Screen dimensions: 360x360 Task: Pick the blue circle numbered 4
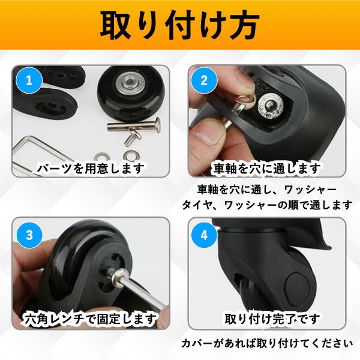pyautogui.click(x=203, y=235)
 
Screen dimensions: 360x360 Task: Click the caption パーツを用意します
pyautogui.click(x=89, y=169)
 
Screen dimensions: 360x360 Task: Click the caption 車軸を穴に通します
pyautogui.click(x=268, y=169)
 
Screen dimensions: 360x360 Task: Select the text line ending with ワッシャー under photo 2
pyautogui.click(x=268, y=189)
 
